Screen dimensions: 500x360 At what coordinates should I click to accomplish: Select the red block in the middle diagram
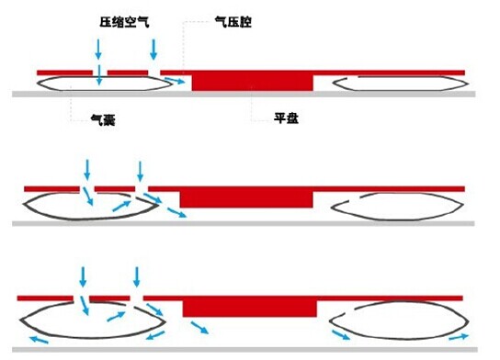click(x=246, y=197)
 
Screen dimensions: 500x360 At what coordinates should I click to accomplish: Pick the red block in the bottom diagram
click(x=251, y=307)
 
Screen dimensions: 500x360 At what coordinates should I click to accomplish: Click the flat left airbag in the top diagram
click(x=97, y=84)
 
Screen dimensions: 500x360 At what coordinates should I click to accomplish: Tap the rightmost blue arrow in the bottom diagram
click(x=465, y=339)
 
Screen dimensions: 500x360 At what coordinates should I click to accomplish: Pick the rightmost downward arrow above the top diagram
click(x=153, y=48)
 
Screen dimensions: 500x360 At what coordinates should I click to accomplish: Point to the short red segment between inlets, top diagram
click(x=127, y=72)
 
